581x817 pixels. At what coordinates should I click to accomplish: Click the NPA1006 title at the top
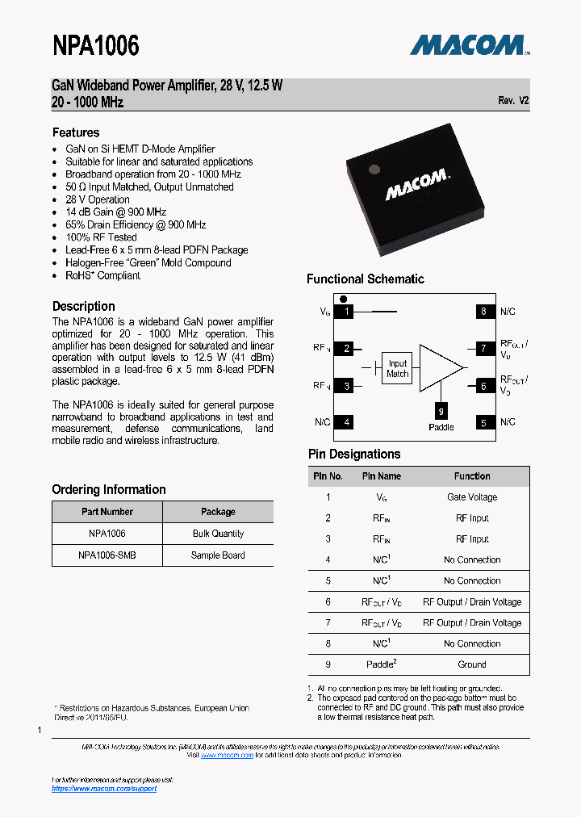96,46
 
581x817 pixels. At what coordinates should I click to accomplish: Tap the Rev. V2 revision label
513,101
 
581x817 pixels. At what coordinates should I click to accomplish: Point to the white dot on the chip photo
374,169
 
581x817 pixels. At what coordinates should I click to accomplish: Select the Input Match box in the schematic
397,368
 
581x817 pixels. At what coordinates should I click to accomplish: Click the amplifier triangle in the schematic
439,367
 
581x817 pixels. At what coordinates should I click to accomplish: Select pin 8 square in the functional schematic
483,312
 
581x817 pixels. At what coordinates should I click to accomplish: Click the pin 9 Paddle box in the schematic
441,410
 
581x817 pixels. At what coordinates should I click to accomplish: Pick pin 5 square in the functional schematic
483,422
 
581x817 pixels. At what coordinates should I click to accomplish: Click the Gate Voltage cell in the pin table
472,497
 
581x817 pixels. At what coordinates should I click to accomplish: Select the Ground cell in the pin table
472,664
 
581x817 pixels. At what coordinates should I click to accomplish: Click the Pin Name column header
381,476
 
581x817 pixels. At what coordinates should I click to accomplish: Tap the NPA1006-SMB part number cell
107,555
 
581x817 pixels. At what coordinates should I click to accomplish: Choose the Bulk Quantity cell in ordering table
218,534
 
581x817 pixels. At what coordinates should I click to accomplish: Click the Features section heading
76,132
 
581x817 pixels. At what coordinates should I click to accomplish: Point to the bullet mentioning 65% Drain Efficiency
136,224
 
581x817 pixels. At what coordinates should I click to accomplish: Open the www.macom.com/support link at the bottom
104,789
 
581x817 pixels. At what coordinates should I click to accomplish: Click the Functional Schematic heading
365,279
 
